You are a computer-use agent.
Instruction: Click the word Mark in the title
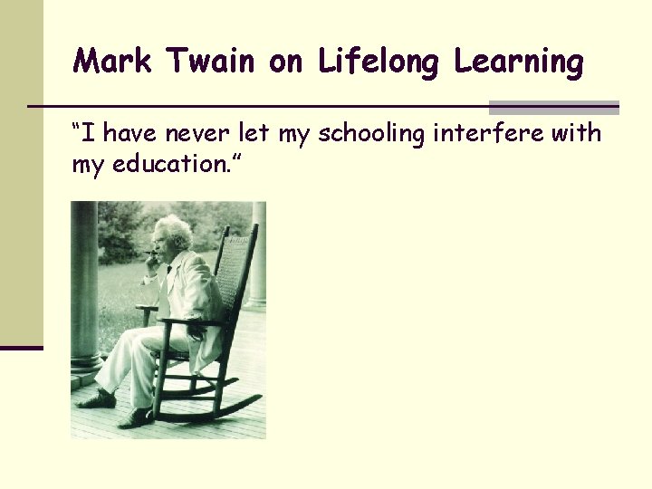[107, 62]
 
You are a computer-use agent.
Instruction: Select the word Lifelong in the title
[379, 62]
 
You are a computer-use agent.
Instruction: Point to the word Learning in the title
[519, 62]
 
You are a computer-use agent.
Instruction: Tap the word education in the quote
[165, 166]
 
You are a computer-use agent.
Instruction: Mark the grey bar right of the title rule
[553, 107]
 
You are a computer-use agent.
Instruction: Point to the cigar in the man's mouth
[150, 254]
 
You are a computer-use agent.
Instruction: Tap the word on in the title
[288, 62]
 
